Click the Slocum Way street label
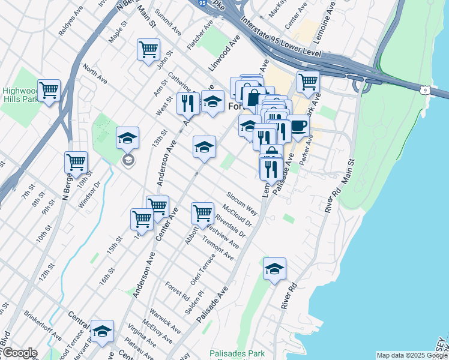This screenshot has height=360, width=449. [242, 204]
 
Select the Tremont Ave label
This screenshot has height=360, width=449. [218, 248]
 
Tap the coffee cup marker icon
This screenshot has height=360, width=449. [298, 128]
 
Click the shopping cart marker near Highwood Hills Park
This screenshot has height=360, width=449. [49, 91]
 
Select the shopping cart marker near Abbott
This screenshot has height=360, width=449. [203, 213]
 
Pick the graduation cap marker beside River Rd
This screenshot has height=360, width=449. [274, 268]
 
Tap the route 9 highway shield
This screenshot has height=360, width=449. [424, 91]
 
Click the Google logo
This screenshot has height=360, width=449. [20, 353]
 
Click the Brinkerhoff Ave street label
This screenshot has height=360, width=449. [42, 325]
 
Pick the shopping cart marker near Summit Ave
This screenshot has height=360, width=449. [148, 50]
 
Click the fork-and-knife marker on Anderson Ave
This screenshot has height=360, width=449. [188, 103]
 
